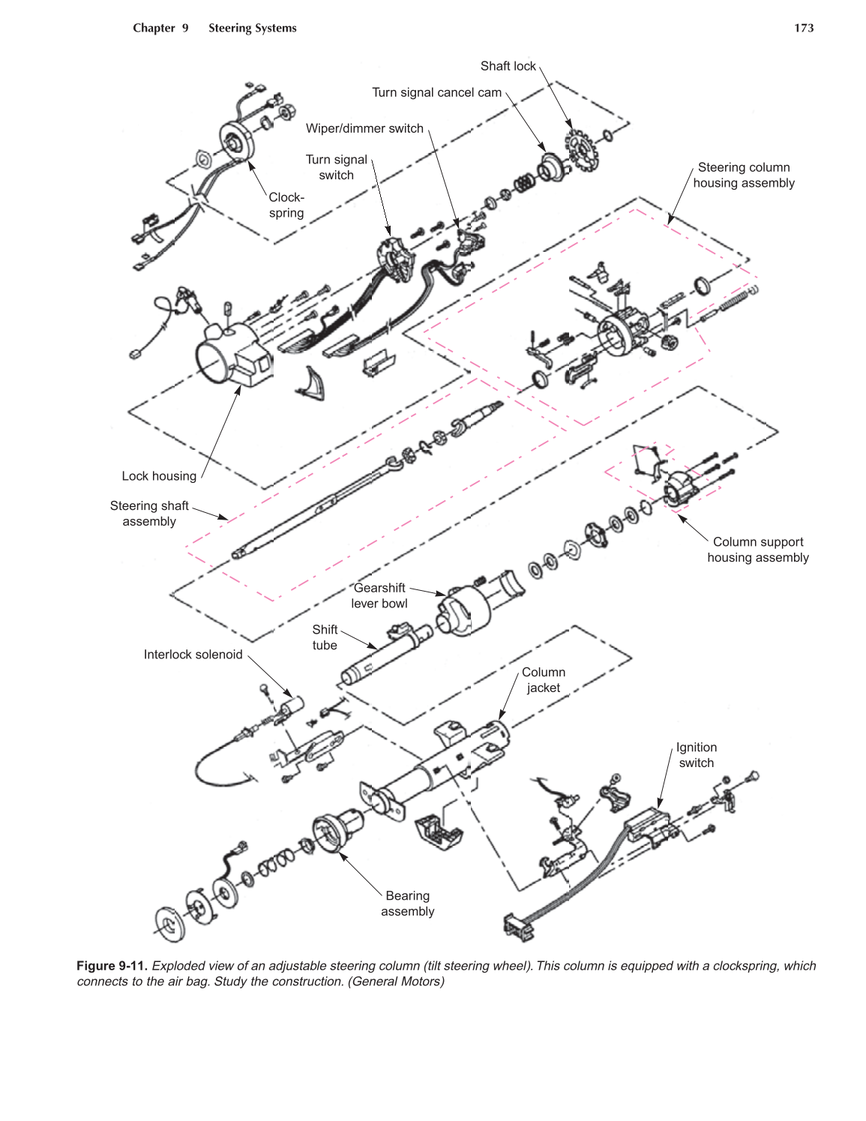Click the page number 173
[804, 28]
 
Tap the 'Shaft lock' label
[508, 66]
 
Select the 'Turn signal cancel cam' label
[436, 92]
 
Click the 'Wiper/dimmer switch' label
[364, 128]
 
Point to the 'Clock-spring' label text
[286, 205]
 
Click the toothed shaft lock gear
[582, 150]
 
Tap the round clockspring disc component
[238, 140]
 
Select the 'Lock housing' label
[159, 476]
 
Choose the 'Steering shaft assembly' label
[149, 514]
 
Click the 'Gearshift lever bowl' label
[379, 595]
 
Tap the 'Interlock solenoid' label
[193, 655]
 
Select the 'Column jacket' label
[544, 680]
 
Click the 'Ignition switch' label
[697, 755]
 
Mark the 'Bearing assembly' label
[408, 904]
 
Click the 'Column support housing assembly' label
[758, 550]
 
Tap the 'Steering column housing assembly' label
[743, 175]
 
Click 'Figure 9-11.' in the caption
[112, 966]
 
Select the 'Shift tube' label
[325, 637]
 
